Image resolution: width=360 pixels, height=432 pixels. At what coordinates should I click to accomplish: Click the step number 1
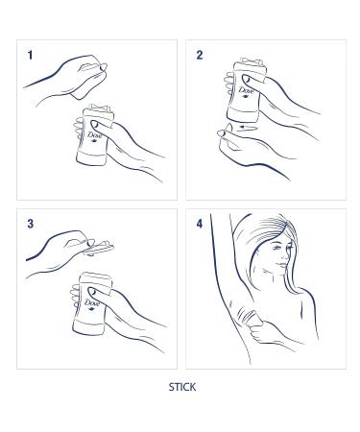coord(30,56)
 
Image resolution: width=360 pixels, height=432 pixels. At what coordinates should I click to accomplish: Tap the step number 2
coord(200,56)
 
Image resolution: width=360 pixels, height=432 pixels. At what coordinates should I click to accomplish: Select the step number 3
coord(31,224)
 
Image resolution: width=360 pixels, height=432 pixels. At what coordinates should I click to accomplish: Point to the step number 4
coord(200,224)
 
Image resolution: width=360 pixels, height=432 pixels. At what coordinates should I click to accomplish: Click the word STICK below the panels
coord(181,388)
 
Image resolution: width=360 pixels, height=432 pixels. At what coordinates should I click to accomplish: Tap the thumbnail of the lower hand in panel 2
coord(224,130)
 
